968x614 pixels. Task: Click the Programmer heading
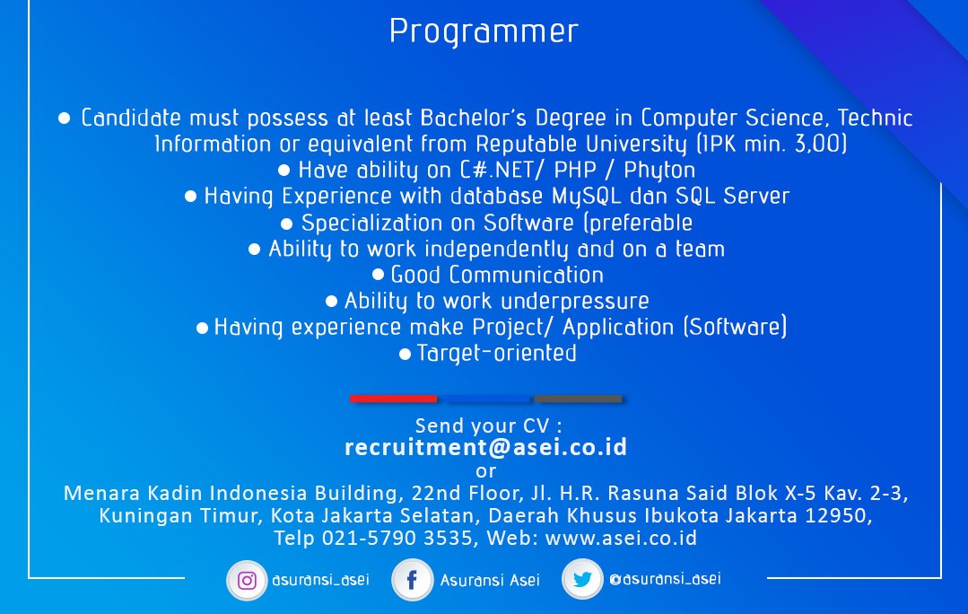[x=484, y=31]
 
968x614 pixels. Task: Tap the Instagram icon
[x=247, y=581]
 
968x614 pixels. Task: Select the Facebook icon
[x=412, y=580]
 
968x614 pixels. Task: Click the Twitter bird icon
[x=582, y=579]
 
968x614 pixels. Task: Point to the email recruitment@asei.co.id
[x=486, y=447]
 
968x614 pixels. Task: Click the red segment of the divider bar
[x=393, y=399]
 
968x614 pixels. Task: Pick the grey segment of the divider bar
[x=578, y=399]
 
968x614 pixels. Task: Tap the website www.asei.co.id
[x=621, y=538]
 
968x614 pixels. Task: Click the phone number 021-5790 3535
[x=397, y=538]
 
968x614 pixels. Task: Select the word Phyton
[x=659, y=170]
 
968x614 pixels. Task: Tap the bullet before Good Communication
[x=378, y=275]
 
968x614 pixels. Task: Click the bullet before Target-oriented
[x=405, y=354]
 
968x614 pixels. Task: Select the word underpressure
[x=575, y=302]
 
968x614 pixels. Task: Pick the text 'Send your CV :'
[x=488, y=425]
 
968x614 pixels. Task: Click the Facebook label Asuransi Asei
[x=490, y=580]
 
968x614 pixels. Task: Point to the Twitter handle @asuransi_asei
[x=665, y=579]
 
